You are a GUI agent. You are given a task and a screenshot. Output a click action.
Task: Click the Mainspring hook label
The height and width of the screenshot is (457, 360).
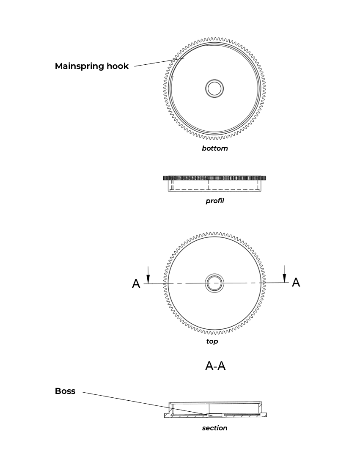92,66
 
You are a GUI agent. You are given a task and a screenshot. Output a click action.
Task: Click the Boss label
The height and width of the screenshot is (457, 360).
65,391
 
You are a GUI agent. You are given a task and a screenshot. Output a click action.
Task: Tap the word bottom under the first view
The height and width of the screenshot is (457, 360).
215,148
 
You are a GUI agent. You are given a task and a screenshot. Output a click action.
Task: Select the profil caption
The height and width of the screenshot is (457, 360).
215,201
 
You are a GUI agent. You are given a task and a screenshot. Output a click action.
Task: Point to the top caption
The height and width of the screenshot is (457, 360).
212,341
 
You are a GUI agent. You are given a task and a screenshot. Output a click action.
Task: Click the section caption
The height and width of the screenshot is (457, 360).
214,428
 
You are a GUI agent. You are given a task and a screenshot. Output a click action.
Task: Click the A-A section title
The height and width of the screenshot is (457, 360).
215,366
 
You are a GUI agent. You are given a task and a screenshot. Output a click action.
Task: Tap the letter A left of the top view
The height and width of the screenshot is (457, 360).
136,284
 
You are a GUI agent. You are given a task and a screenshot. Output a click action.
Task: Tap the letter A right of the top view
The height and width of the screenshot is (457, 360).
296,282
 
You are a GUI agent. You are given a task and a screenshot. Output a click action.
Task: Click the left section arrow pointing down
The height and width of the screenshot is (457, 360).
148,275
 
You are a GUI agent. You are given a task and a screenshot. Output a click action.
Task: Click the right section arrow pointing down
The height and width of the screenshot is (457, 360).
285,274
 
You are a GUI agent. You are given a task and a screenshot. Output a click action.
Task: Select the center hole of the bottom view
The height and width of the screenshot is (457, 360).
214,88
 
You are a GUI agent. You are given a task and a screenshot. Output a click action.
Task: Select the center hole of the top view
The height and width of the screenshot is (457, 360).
214,283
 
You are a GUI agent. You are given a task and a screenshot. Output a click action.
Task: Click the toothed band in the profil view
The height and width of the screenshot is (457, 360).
214,178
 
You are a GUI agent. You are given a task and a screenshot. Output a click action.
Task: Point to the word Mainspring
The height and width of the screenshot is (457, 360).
79,66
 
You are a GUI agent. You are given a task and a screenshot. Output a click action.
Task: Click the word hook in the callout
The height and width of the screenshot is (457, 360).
118,66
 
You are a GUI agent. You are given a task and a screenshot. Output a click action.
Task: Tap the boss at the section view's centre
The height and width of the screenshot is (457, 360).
215,414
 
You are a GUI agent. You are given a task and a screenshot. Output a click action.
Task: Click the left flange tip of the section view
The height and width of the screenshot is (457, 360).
165,416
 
